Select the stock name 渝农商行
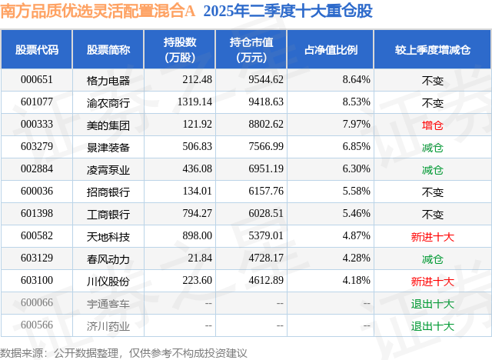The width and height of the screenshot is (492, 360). click(108, 102)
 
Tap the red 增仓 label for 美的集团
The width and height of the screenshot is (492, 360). click(433, 124)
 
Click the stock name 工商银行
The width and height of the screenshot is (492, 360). click(108, 214)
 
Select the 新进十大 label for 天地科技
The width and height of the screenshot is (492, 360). click(433, 236)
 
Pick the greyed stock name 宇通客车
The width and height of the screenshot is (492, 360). click(108, 303)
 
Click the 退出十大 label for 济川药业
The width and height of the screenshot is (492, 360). click(433, 325)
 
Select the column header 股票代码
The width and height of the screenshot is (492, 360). click(37, 50)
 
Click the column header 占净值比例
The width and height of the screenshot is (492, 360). click(337, 50)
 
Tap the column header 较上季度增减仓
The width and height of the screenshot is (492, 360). click(433, 50)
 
